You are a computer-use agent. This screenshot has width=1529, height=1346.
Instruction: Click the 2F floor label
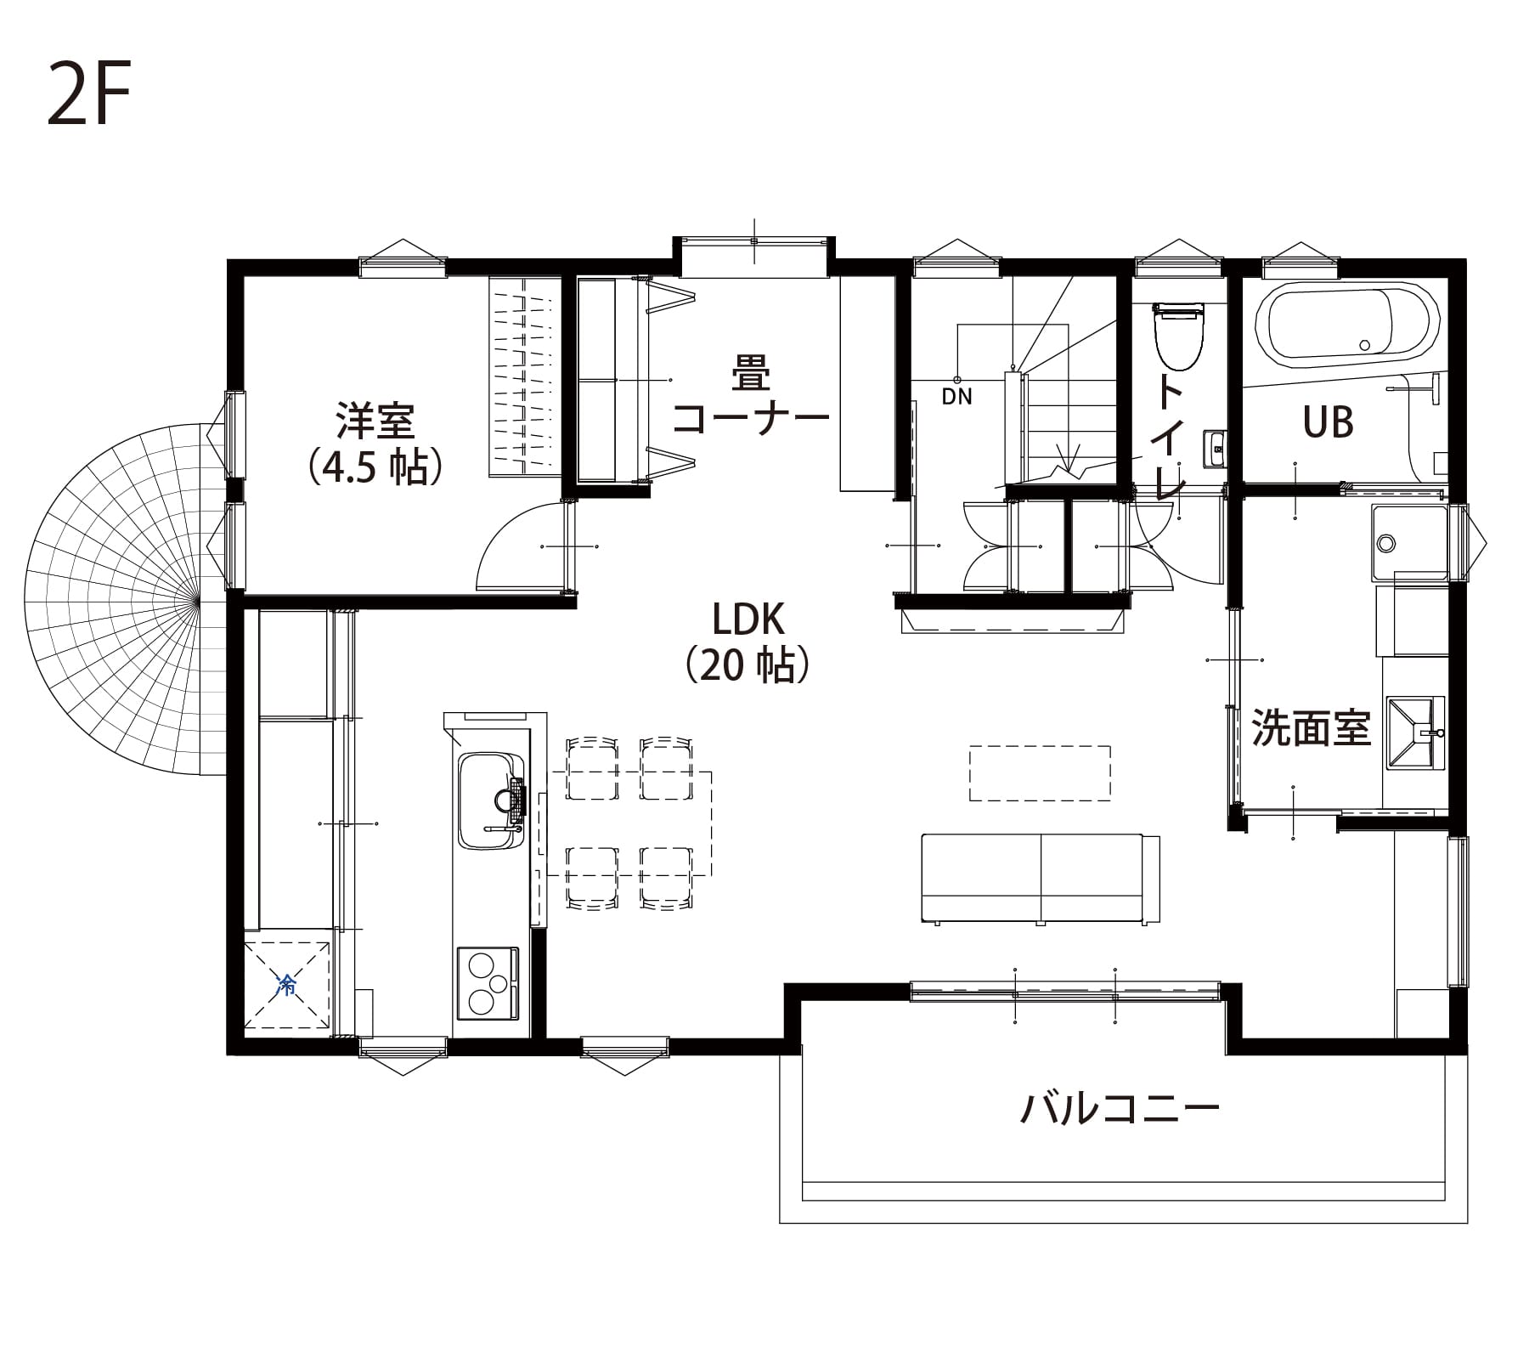88,94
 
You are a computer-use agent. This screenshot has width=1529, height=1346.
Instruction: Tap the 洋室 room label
375,421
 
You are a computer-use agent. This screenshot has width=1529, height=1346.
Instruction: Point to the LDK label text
748,621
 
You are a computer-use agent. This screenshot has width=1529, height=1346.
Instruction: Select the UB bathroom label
1328,421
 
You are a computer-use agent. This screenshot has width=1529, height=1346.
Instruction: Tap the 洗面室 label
1312,728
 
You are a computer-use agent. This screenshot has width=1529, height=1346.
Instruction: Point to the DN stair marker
956,396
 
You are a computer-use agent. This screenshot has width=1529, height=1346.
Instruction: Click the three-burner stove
488,982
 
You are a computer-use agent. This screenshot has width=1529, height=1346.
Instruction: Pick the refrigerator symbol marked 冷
286,986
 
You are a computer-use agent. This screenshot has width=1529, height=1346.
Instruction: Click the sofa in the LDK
1041,879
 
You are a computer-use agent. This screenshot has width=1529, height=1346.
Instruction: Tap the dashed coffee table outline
1040,772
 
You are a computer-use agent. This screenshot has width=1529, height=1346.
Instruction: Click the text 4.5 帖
375,467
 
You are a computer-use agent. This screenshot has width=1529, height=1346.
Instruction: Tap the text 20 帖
748,665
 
